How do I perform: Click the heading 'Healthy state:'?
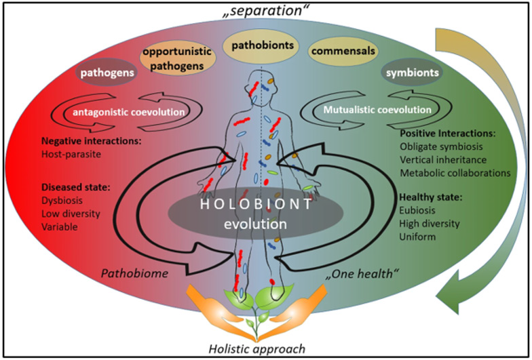(431, 198)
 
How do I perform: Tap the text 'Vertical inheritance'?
(444, 161)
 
